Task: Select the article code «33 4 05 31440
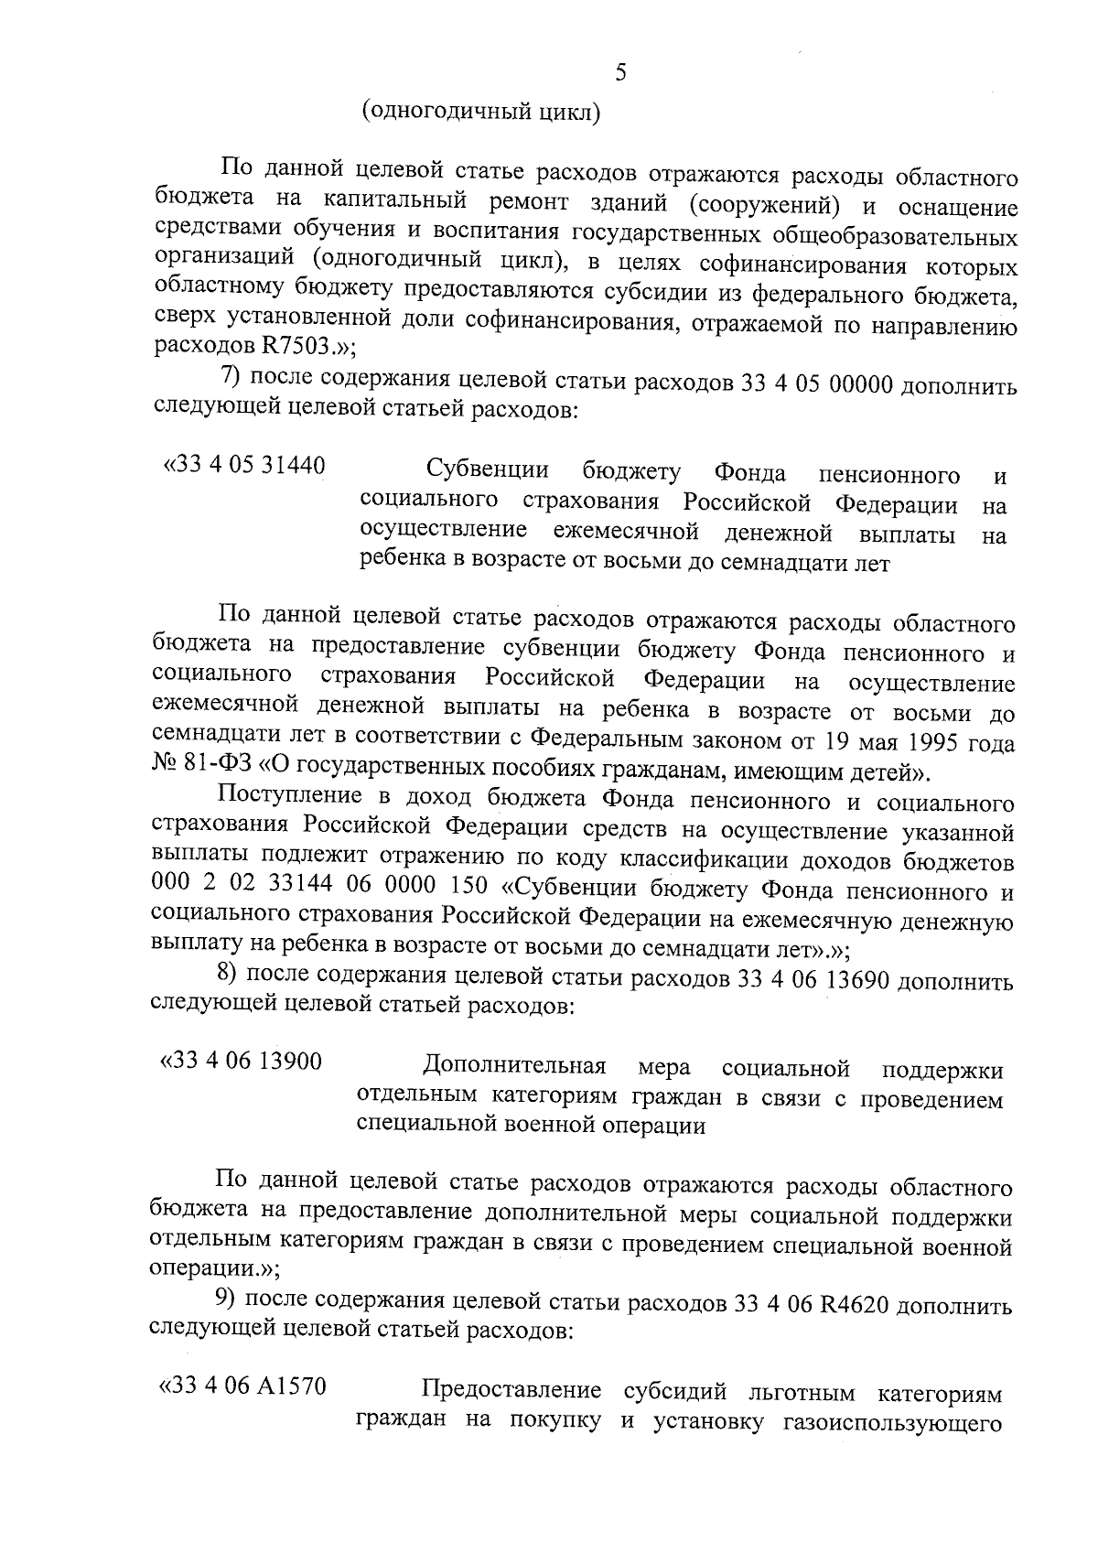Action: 244,466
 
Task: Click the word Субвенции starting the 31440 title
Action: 488,471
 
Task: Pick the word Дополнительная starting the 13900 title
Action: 515,1067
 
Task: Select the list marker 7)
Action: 231,377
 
